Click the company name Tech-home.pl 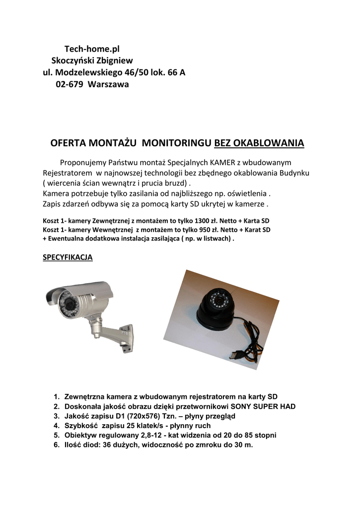click(x=92, y=49)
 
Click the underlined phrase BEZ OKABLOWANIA click(x=259, y=143)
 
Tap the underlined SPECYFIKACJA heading click(x=68, y=258)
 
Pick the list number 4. click(x=56, y=426)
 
